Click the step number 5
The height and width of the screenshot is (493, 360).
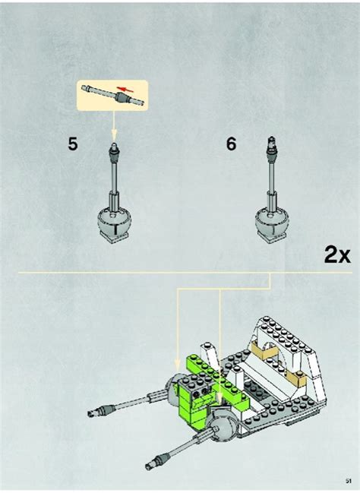(x=72, y=144)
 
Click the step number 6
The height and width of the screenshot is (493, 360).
(x=231, y=144)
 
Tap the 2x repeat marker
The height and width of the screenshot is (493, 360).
(x=336, y=254)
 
